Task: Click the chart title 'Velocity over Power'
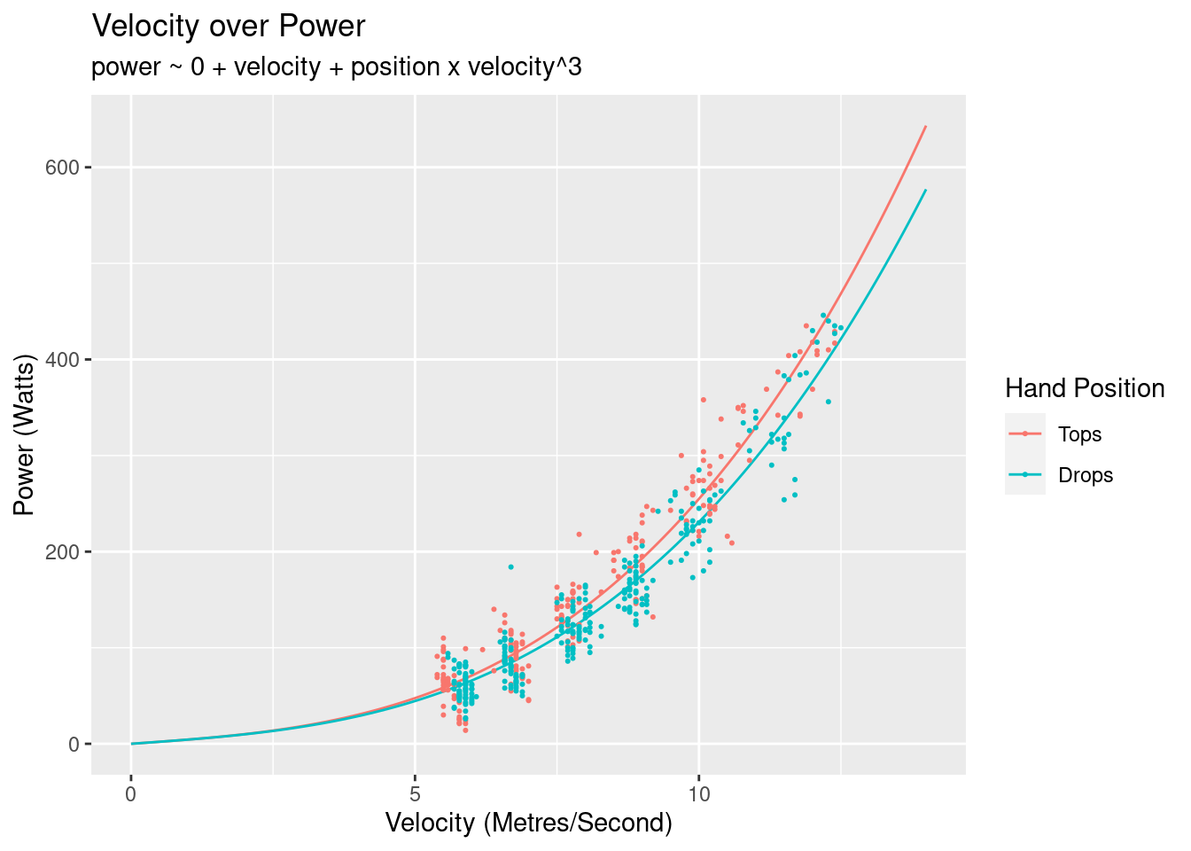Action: coord(229,27)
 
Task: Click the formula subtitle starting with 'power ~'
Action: coord(337,67)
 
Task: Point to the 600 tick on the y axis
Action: coord(68,168)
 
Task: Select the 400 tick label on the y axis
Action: coord(68,360)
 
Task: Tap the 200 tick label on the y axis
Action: coord(68,552)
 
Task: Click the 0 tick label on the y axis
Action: coord(74,745)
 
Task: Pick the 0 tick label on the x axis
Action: coord(131,793)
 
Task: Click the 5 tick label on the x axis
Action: coord(415,793)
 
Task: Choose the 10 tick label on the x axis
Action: coord(698,793)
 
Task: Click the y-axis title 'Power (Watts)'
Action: coord(25,434)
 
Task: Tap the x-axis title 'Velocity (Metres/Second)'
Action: coord(529,824)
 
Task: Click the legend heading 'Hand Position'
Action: coord(1085,388)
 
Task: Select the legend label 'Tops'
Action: coord(1079,434)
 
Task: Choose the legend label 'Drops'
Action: coord(1086,475)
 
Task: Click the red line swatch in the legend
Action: coord(1025,433)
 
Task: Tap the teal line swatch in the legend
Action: coord(1025,474)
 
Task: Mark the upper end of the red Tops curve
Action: coord(925,126)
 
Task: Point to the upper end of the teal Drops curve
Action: coord(925,190)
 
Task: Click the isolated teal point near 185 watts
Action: coord(510,566)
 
